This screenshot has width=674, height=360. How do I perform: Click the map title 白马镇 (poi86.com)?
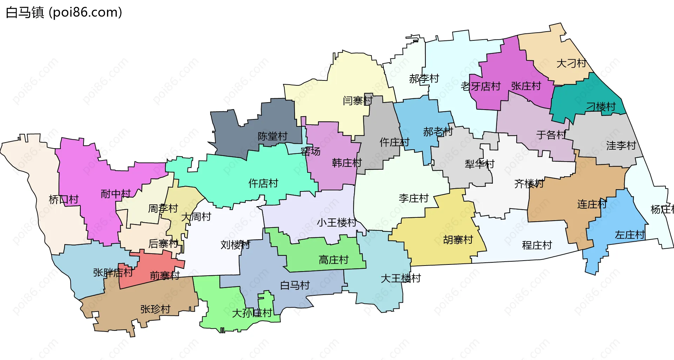click(x=64, y=12)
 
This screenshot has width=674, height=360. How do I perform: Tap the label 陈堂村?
click(x=272, y=136)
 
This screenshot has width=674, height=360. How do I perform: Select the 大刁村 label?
click(x=571, y=64)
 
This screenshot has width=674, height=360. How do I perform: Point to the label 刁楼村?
click(x=601, y=107)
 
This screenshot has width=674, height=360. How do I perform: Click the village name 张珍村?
click(x=155, y=309)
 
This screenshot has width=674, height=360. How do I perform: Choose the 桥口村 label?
click(x=64, y=199)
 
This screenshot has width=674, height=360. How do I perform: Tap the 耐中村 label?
click(x=115, y=194)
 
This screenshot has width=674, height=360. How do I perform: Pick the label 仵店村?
click(x=263, y=183)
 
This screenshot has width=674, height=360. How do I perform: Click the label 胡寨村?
click(x=458, y=240)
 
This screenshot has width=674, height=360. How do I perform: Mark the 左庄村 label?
click(x=630, y=235)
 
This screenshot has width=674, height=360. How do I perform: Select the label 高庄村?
click(x=333, y=260)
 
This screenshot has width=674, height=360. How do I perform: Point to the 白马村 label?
click(x=295, y=285)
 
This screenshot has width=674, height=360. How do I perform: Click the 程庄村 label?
click(x=537, y=245)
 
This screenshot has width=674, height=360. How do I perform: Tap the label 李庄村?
click(x=414, y=198)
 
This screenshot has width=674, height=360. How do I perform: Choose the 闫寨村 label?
click(x=357, y=101)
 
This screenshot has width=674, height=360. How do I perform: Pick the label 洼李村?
click(x=621, y=145)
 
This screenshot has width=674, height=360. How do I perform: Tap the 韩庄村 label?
click(x=347, y=163)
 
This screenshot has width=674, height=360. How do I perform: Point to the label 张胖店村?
click(x=113, y=273)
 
